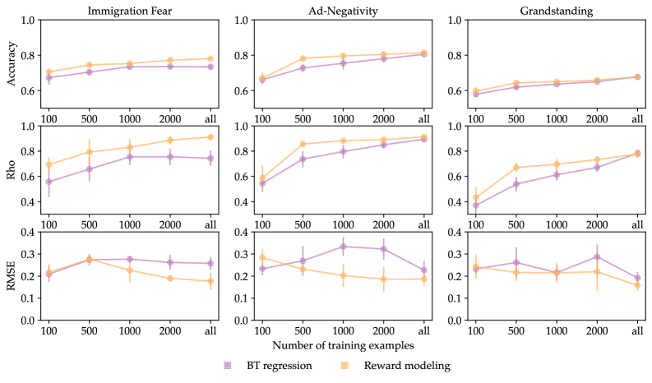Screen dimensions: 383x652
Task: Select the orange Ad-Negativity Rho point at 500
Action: pyautogui.click(x=303, y=145)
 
